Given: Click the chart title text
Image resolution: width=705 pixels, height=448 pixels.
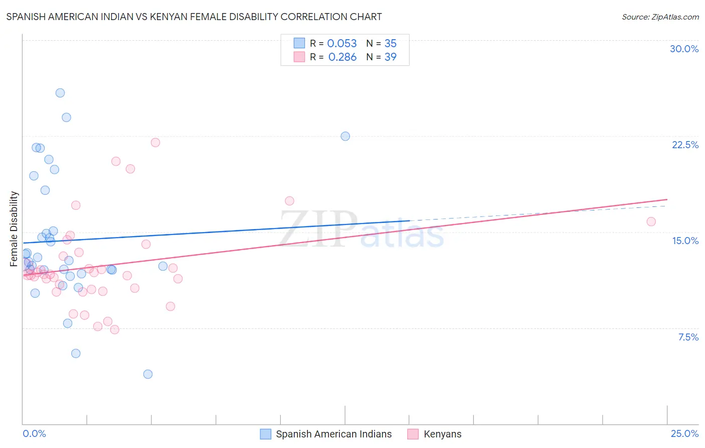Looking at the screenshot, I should tap(194, 17).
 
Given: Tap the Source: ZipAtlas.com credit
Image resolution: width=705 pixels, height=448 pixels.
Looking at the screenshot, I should tap(660, 17).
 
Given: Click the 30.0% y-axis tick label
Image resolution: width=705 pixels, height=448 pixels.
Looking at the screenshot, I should tap(684, 49).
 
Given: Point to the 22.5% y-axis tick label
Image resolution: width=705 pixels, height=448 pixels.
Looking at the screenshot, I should tap(685, 145).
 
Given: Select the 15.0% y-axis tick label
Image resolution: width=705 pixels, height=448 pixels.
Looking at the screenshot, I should tap(685, 241).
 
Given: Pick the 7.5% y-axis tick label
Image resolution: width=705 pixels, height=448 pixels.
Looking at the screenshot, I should tap(688, 337).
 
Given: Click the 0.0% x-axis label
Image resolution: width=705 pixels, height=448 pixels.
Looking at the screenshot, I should tap(34, 433).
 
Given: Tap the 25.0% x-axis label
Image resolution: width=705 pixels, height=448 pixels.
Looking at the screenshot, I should tap(684, 433).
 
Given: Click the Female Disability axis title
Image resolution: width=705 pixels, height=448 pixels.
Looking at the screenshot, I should tap(14, 229).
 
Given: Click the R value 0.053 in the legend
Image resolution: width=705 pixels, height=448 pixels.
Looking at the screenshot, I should tap(342, 44).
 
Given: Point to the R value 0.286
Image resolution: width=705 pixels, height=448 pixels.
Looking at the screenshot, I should tap(342, 57).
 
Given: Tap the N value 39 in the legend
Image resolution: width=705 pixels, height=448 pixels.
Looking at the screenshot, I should tap(390, 57).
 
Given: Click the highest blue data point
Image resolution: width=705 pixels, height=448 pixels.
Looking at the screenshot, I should tap(60, 93).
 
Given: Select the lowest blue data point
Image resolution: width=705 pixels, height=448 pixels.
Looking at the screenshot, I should tap(148, 374).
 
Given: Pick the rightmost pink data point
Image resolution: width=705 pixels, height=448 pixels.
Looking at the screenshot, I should tap(651, 221).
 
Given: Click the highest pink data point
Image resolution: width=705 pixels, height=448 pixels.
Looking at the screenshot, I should tap(155, 143).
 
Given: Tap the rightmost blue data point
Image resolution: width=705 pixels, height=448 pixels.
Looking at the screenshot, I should tap(345, 136).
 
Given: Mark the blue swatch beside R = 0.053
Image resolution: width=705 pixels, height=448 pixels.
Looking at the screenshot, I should tap(299, 43).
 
